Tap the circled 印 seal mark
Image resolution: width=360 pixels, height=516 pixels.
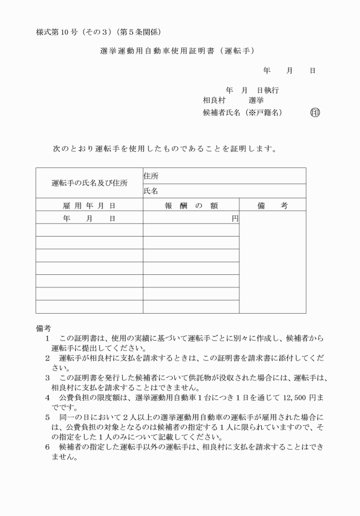[x=315, y=113]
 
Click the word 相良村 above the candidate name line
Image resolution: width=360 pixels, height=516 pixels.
[x=213, y=101]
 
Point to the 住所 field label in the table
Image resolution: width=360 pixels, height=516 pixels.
[x=151, y=177]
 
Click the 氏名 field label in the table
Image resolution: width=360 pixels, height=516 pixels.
[x=151, y=191]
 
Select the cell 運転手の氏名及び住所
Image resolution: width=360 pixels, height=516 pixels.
[x=89, y=183]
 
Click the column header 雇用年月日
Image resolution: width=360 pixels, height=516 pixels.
[x=89, y=205]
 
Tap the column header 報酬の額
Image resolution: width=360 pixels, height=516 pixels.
[x=191, y=205]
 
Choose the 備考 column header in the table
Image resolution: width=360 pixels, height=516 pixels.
[x=273, y=205]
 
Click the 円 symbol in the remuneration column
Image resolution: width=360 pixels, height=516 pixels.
[x=234, y=218]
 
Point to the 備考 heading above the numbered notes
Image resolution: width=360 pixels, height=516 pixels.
[x=43, y=329]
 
